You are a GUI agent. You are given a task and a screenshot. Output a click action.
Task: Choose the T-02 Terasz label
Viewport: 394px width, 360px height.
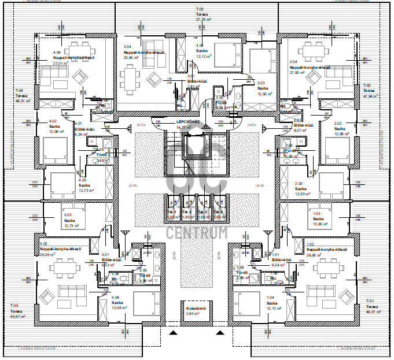[x=369, y=93]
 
